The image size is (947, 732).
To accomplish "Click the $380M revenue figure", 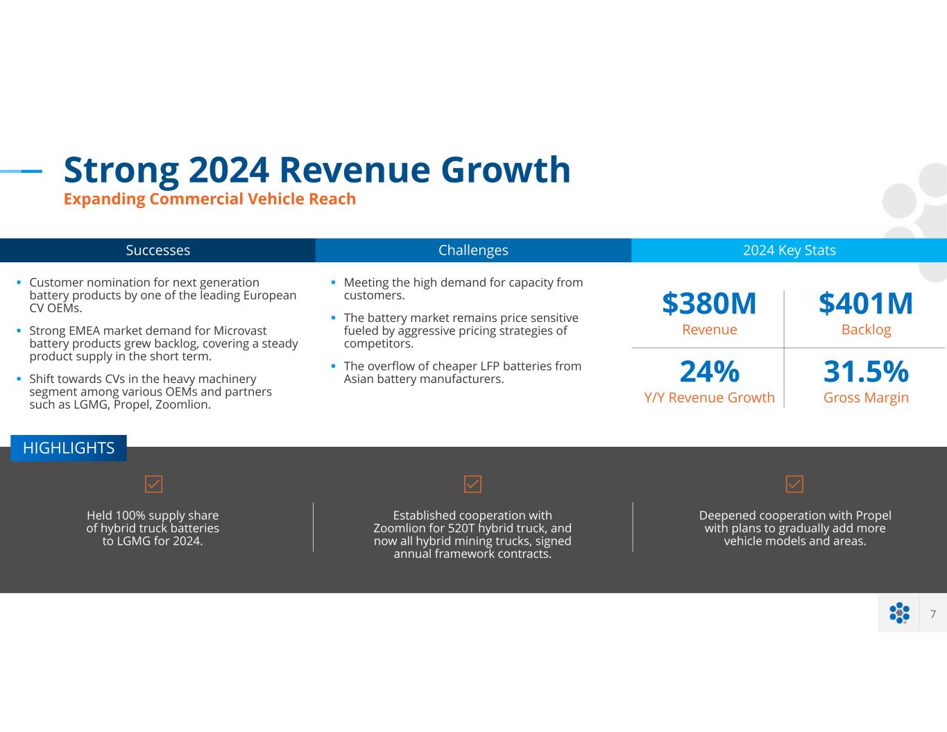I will (709, 304).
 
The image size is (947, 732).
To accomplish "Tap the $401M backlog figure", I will (866, 304).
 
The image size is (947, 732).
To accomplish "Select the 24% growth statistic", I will (709, 371).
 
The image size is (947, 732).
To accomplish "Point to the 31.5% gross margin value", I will (866, 371).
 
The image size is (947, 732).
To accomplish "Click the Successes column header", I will (157, 250).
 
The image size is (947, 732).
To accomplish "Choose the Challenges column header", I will (473, 250).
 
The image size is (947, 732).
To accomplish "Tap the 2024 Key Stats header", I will (789, 250).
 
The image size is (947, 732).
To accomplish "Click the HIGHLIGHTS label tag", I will (69, 448).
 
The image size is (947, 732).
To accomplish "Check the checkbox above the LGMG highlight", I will (153, 484).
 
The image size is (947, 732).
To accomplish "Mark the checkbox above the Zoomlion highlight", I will (472, 484).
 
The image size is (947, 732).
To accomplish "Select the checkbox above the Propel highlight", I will (794, 484).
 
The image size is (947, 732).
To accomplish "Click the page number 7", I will (933, 614).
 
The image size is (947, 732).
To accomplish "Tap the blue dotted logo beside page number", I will (899, 613).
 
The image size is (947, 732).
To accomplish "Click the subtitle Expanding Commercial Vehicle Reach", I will (210, 199).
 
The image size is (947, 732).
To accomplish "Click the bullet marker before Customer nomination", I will (19, 282).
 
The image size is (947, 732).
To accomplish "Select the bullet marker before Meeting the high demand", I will (333, 282).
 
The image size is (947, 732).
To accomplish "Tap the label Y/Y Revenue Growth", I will (709, 398).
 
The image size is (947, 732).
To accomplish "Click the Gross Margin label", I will (866, 398).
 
